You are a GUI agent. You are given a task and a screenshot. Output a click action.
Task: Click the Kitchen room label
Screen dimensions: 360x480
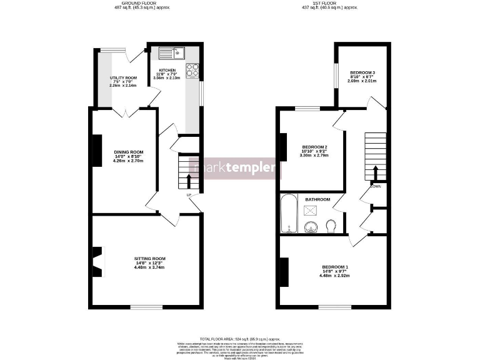tap(167, 70)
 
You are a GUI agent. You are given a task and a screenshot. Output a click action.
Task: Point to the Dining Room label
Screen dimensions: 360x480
tap(128, 152)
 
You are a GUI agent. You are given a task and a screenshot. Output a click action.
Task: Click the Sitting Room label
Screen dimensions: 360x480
tap(149, 258)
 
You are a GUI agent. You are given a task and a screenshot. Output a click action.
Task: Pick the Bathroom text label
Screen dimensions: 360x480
tap(317, 199)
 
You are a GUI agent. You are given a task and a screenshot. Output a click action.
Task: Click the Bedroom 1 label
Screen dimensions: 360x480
tap(335, 267)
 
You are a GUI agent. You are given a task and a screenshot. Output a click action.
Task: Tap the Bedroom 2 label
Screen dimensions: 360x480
tap(315, 147)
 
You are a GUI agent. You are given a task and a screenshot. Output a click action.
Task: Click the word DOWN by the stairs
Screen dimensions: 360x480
tap(376, 186)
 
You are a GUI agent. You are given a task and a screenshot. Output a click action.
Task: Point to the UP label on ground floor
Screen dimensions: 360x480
tap(188, 196)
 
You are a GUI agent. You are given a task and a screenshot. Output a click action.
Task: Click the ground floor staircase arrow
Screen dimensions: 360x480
tap(189, 180)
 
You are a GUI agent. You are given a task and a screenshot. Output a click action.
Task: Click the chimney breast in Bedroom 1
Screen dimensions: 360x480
tap(284, 271)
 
